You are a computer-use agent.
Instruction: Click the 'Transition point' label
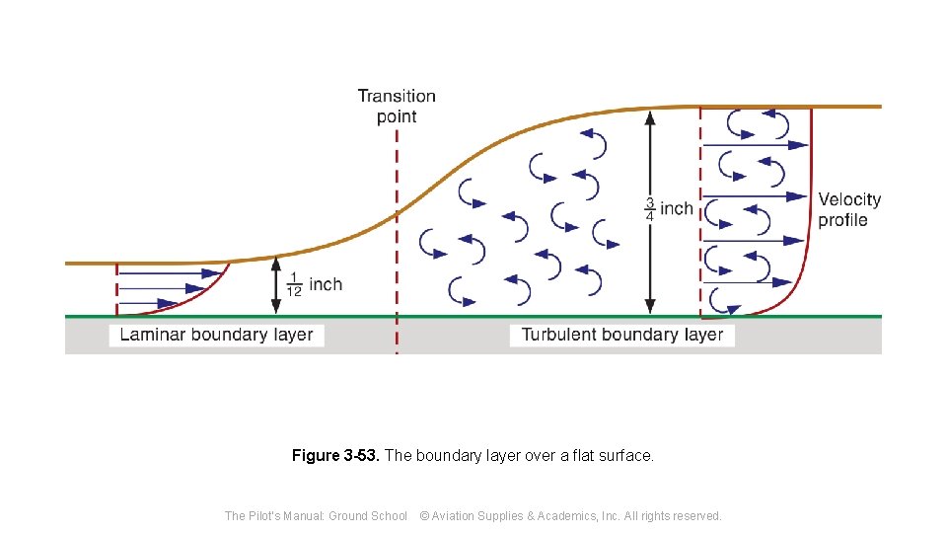pyautogui.click(x=397, y=107)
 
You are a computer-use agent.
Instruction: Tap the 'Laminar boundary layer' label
pyautogui.click(x=216, y=335)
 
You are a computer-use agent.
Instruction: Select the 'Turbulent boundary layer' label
pyautogui.click(x=622, y=335)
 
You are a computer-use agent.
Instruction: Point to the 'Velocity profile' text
pyautogui.click(x=849, y=209)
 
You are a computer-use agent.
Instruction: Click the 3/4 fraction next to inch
pyautogui.click(x=650, y=209)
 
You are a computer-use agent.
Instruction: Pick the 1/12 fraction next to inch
pyautogui.click(x=294, y=285)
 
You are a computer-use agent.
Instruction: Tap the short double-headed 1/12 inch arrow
pyautogui.click(x=275, y=285)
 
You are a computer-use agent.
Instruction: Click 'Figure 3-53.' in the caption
pyautogui.click(x=335, y=456)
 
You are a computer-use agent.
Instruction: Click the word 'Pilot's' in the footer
pyautogui.click(x=269, y=515)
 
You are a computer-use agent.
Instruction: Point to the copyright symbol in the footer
pyautogui.click(x=424, y=515)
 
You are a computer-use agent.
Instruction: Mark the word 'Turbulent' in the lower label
pyautogui.click(x=560, y=335)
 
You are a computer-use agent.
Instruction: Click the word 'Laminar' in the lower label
pyautogui.click(x=153, y=335)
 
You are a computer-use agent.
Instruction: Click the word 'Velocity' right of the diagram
pyautogui.click(x=849, y=199)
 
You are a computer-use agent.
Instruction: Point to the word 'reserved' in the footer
pyautogui.click(x=695, y=515)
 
